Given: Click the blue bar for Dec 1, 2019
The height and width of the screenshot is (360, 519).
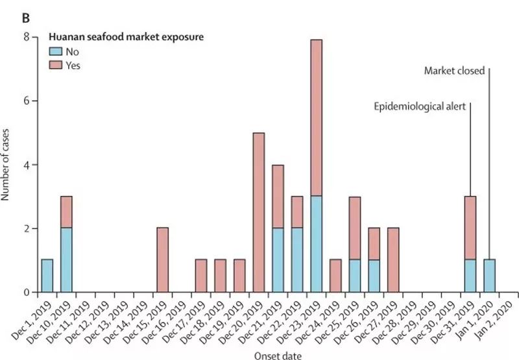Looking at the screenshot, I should pyautogui.click(x=47, y=276).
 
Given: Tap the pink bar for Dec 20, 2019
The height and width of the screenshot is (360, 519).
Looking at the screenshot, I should pyautogui.click(x=258, y=213).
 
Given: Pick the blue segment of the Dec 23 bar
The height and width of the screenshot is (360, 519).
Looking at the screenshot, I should pyautogui.click(x=316, y=245).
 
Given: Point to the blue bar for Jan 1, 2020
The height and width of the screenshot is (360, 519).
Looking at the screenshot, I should pyautogui.click(x=489, y=276).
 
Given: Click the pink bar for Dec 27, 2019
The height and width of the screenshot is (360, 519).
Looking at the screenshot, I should pyautogui.click(x=393, y=261).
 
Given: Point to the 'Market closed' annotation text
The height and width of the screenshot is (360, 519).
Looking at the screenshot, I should pyautogui.click(x=455, y=71).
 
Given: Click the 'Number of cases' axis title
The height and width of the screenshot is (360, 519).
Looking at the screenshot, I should pyautogui.click(x=8, y=165).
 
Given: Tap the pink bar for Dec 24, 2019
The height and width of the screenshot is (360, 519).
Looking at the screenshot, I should pyautogui.click(x=335, y=276).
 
